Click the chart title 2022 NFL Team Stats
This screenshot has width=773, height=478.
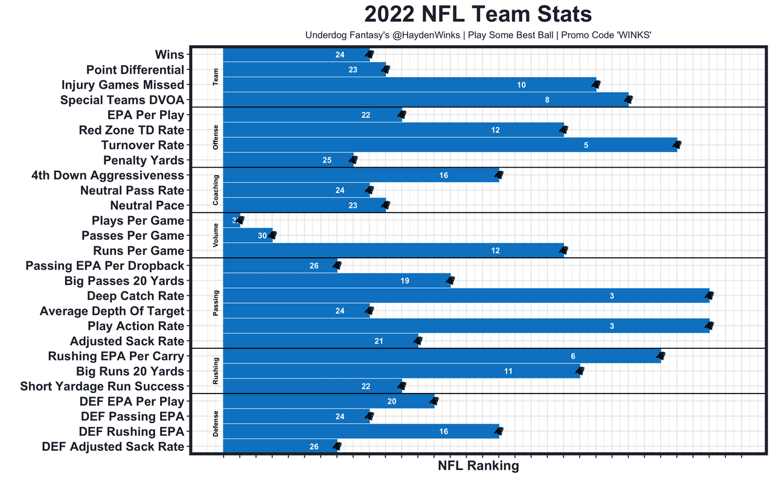tap(478, 15)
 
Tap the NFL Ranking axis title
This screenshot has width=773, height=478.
tap(478, 466)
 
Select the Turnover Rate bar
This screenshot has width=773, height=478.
tap(450, 145)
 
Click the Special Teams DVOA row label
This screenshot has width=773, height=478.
tap(122, 100)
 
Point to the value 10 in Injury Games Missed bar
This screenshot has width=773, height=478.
tap(521, 85)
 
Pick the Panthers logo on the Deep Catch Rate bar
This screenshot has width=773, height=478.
tap(710, 296)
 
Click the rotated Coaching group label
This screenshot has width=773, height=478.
tap(216, 190)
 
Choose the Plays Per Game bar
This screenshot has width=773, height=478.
tap(232, 220)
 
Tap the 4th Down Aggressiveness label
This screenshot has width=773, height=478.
tap(107, 176)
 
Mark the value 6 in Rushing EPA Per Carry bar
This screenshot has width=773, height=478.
tap(573, 357)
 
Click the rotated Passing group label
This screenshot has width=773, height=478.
tap(216, 304)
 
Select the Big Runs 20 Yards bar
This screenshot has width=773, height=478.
tap(402, 371)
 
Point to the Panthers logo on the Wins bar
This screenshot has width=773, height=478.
tap(370, 55)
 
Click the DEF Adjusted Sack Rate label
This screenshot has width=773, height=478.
tap(113, 447)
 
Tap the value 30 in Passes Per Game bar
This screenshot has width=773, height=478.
tap(262, 236)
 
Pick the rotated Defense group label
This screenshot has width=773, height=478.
tap(216, 424)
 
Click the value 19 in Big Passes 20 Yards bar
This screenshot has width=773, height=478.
tap(405, 281)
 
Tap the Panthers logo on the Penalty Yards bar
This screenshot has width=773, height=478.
tap(354, 161)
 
